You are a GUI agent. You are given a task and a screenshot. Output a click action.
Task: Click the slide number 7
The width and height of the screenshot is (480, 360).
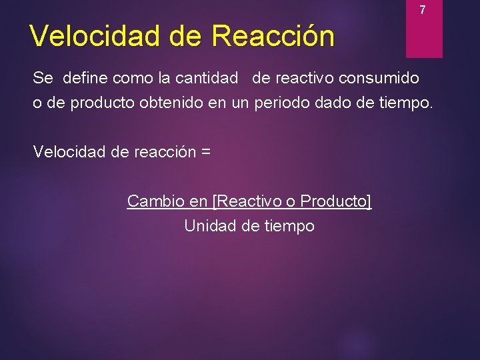click(422, 11)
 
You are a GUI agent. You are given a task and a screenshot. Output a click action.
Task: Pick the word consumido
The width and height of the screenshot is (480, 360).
click(379, 78)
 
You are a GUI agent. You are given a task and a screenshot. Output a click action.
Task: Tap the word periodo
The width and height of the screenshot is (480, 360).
click(280, 104)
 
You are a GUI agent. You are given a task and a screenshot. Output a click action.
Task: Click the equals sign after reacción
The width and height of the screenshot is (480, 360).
click(205, 151)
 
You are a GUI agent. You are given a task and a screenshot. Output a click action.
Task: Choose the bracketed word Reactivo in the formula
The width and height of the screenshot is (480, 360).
click(248, 201)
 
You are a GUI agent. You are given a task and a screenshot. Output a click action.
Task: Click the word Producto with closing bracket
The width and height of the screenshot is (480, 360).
click(336, 201)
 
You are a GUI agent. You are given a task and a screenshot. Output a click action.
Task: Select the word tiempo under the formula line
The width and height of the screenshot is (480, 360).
click(288, 226)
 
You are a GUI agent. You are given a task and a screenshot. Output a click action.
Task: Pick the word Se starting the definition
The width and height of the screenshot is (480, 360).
click(43, 78)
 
